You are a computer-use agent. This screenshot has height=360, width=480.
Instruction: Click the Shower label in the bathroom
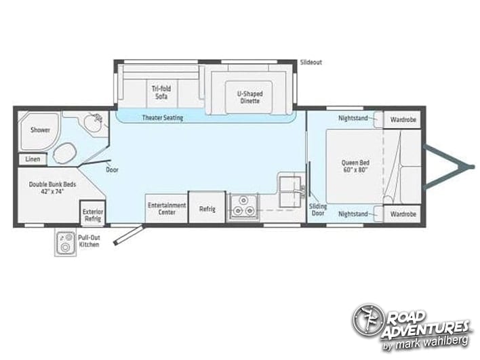click(40, 130)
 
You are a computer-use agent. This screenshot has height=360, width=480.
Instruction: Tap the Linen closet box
click(33, 159)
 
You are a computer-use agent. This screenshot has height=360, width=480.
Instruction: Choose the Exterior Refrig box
click(93, 212)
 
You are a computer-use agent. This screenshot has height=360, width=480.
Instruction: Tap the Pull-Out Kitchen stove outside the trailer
click(66, 243)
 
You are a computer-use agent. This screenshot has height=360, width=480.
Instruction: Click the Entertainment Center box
click(166, 208)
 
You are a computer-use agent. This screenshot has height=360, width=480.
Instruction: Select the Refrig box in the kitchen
click(207, 207)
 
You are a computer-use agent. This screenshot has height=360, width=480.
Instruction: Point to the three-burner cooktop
click(243, 206)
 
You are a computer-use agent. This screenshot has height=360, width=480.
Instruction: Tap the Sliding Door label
click(318, 209)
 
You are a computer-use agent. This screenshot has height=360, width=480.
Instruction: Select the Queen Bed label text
click(355, 166)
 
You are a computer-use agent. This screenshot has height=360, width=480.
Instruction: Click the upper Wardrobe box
click(402, 120)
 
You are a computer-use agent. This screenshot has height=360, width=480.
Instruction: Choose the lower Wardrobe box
click(402, 214)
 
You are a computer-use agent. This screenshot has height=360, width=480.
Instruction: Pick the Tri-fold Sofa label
click(161, 92)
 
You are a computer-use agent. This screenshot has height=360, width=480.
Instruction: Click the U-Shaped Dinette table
click(249, 97)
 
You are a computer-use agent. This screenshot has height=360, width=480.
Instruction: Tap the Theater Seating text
click(163, 117)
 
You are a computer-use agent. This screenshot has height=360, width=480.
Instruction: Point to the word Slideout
click(311, 62)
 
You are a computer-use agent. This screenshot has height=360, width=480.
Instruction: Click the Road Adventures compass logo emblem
click(368, 320)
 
